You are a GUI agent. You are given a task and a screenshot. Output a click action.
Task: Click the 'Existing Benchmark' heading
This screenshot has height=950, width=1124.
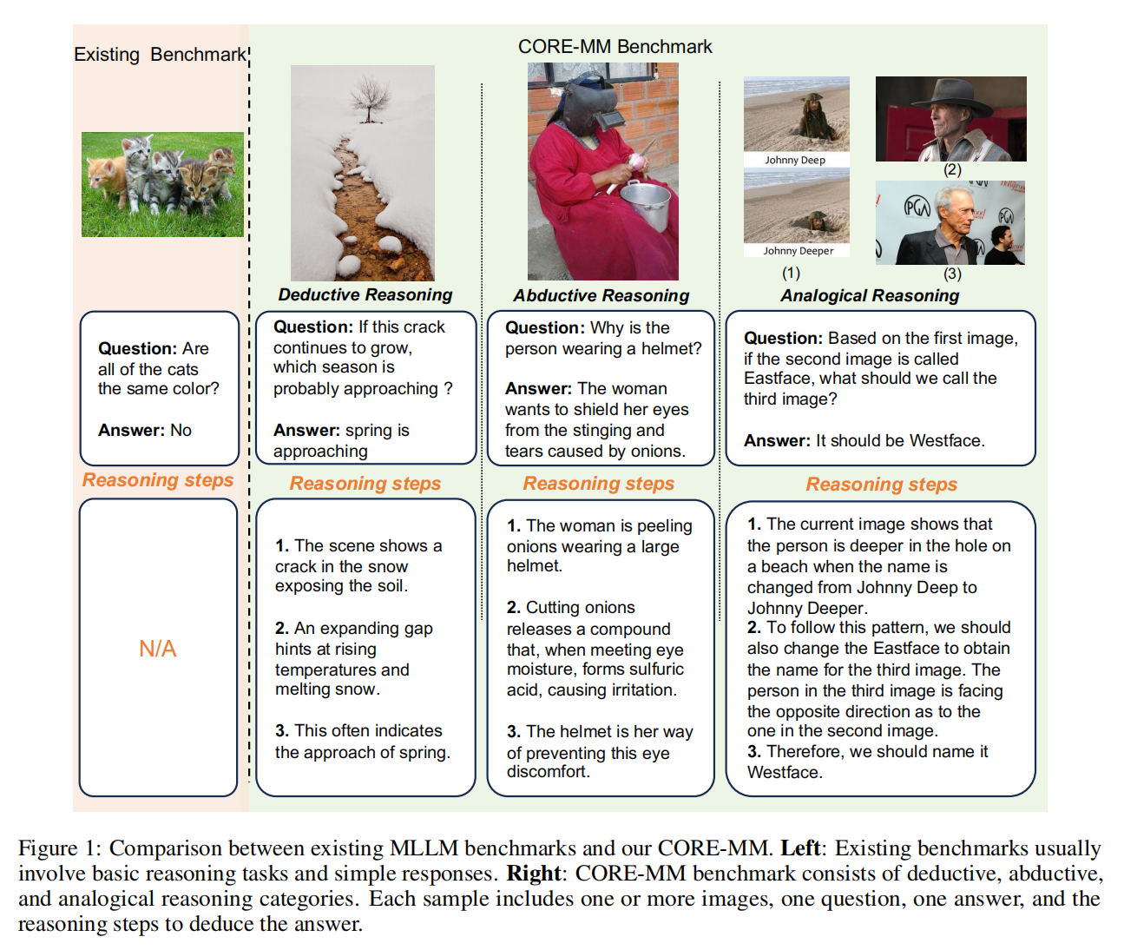160,55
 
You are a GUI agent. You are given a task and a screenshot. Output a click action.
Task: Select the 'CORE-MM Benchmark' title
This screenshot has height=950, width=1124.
615,47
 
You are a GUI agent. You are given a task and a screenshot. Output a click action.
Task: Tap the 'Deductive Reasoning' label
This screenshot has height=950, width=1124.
365,294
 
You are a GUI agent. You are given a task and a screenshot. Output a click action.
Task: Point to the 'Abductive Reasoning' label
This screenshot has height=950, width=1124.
601,295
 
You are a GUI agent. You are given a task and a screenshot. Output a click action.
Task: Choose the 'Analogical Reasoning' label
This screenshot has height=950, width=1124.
870,295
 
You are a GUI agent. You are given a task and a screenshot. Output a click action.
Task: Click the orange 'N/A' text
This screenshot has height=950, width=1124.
158,649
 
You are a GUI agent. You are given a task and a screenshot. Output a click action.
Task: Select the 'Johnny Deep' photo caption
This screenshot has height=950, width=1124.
795,160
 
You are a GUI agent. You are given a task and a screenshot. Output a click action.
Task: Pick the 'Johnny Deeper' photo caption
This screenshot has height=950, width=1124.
798,251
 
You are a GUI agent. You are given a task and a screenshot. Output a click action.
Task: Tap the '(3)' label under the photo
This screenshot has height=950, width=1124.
952,274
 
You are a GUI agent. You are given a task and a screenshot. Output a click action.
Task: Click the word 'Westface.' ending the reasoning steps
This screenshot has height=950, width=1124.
785,772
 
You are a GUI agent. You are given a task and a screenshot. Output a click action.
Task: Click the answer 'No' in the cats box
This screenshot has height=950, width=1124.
181,430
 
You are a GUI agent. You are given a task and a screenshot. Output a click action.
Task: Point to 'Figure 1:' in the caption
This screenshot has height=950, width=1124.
60,848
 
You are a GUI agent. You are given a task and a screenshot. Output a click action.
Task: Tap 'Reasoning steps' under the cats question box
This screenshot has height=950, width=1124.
158,480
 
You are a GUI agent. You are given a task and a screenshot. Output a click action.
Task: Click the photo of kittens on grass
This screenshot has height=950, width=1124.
162,184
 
